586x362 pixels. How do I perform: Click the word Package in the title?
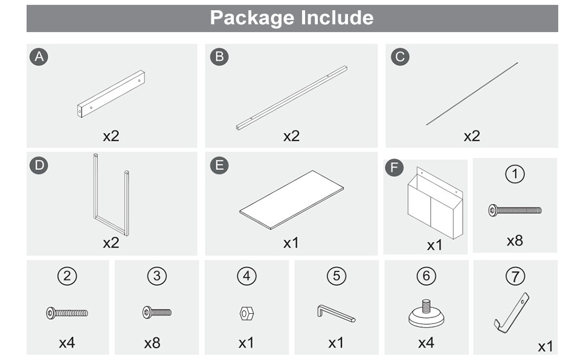click(253, 18)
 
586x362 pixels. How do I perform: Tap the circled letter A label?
click(39, 57)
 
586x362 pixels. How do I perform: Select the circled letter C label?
click(400, 57)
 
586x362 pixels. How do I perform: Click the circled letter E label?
click(219, 165)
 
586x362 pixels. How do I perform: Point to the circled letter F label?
click(394, 168)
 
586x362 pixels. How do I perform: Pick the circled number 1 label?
click(515, 174)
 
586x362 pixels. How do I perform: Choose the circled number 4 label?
click(246, 276)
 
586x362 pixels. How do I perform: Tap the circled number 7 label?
click(515, 276)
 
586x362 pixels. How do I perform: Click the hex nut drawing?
click(246, 314)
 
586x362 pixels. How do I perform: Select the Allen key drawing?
click(336, 313)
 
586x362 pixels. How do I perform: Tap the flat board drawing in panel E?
click(292, 200)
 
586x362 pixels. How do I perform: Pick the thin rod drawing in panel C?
click(472, 94)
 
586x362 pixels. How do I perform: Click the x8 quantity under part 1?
click(515, 241)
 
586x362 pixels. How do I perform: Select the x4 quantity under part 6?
click(426, 343)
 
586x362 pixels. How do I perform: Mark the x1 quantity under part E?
click(291, 243)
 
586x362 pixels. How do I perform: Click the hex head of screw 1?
click(492, 211)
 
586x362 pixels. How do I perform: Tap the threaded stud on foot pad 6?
click(427, 306)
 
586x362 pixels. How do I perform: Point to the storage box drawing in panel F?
click(435, 203)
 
